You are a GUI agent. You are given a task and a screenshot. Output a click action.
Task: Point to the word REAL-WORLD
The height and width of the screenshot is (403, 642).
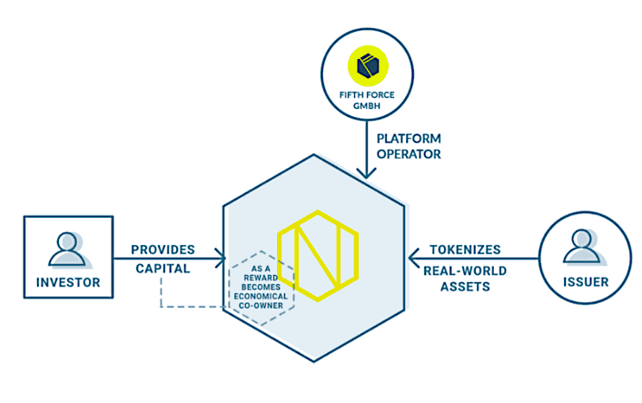(465, 269)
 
